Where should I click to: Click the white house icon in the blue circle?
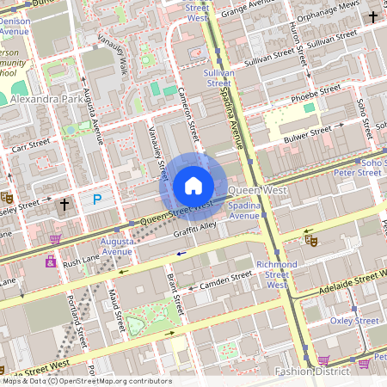193,185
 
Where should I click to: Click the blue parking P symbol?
96,200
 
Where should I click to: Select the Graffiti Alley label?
194,227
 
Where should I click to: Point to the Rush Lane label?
82,261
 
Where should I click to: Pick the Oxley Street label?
354,321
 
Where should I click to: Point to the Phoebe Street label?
316,97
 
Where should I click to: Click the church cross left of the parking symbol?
64,205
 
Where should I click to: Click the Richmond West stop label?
276,273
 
